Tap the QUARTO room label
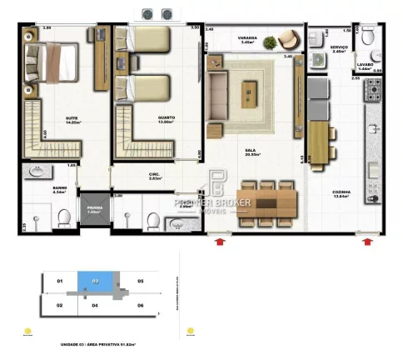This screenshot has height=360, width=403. (x=166, y=119)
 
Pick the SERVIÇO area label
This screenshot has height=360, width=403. (x=338, y=48)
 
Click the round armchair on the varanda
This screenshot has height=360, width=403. (x=288, y=39)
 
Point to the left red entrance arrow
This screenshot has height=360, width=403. (x=219, y=242)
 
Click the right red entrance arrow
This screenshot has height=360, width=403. (x=367, y=242)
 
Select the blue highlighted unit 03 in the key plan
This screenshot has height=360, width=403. (x=95, y=282)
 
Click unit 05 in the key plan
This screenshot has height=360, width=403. (x=141, y=282)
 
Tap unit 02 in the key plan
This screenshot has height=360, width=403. (x=60, y=306)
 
